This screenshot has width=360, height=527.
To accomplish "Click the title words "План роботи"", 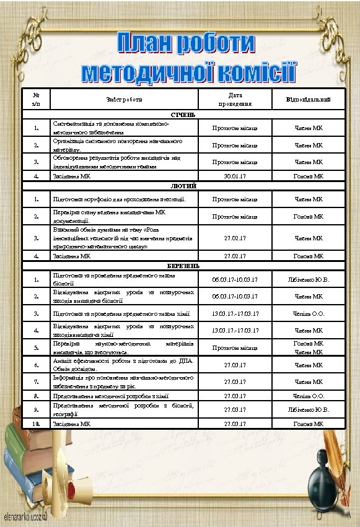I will tap(187, 43).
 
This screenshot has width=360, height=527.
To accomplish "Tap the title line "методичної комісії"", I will tap(190, 72).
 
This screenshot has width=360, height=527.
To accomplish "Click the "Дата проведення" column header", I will tap(235, 99).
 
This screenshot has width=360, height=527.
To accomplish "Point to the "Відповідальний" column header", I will tap(308, 99).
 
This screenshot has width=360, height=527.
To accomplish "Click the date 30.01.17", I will tap(235, 176).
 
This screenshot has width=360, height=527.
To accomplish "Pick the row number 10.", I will tap(37, 424).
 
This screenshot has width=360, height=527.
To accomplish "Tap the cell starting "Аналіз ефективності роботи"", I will tap(123, 365).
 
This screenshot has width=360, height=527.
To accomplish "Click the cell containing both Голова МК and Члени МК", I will tap(308, 347).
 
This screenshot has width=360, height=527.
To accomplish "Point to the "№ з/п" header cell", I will tap(37, 99).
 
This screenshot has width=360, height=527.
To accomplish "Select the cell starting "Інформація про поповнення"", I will tap(123, 381).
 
